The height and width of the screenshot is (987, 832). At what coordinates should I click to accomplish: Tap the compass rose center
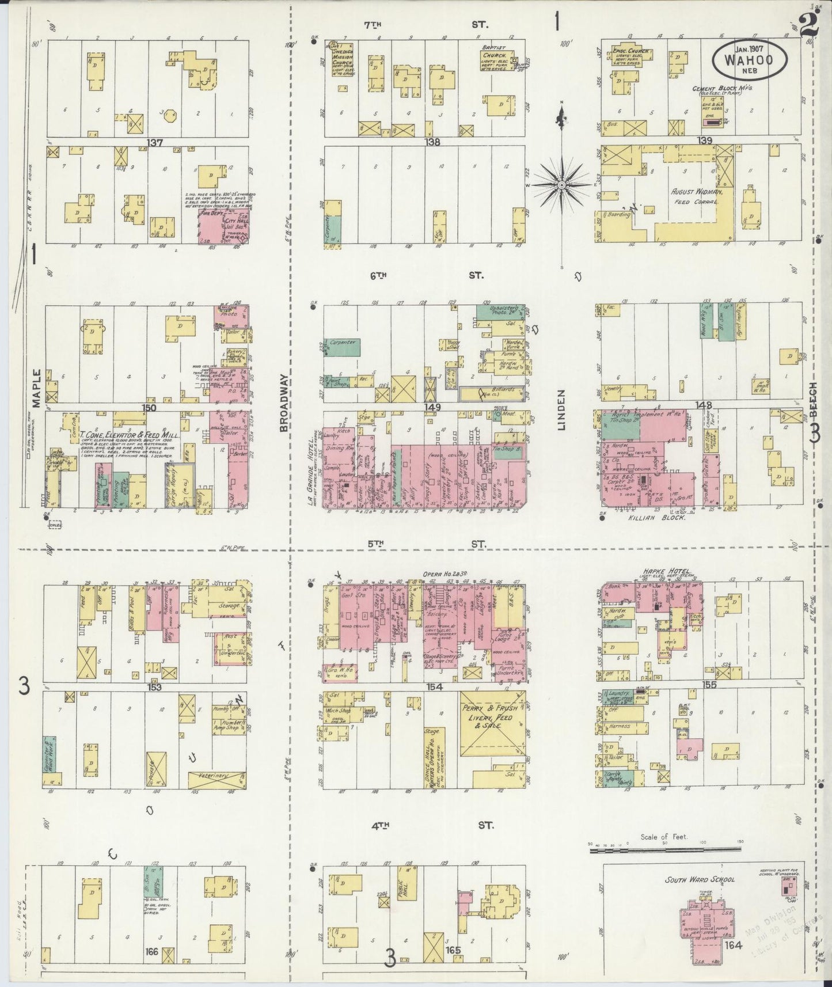561,184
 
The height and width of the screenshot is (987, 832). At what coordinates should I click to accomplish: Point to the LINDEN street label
561,409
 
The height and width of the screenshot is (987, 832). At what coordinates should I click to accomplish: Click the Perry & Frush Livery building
492,723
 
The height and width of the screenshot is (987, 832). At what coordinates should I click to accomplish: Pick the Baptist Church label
496,55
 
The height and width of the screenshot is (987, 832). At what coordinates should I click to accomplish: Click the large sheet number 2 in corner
810,26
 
